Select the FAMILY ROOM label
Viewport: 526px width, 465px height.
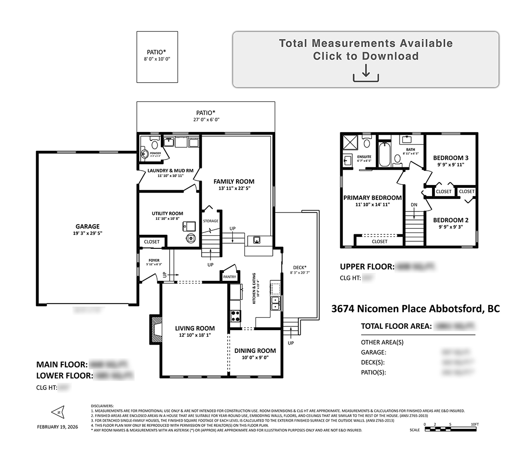(x=234, y=181)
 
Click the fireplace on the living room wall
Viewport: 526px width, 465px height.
(x=155, y=329)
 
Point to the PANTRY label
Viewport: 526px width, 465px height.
(x=230, y=277)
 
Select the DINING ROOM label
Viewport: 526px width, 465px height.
(x=255, y=351)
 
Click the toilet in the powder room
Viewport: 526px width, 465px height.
(x=155, y=145)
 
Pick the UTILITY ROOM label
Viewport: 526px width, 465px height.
(x=167, y=213)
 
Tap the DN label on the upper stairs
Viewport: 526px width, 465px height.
(x=414, y=205)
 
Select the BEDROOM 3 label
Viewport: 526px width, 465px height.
(x=450, y=158)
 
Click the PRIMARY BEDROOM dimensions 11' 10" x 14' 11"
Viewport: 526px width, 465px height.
(x=372, y=204)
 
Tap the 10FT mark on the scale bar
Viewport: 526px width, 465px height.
(x=474, y=425)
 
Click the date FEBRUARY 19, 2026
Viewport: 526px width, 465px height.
(x=58, y=426)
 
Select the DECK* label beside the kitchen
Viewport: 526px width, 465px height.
(x=300, y=267)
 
